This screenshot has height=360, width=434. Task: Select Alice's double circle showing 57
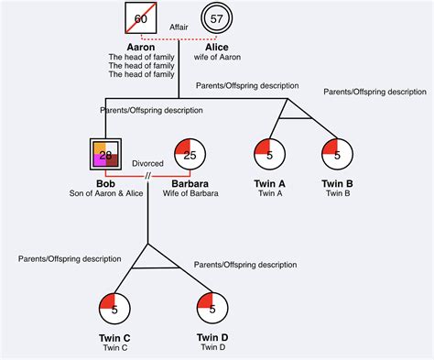217,19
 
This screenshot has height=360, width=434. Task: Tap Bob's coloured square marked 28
105,155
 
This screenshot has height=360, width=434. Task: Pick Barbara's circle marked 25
190,155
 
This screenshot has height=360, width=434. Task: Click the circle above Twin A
268,155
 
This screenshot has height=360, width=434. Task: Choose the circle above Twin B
337,155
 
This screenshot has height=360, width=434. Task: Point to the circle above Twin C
114,309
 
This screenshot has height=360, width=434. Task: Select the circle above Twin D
212,309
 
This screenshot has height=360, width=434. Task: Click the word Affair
179,27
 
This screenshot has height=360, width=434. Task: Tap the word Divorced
147,164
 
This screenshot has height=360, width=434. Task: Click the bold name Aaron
142,47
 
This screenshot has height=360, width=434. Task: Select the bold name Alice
217,47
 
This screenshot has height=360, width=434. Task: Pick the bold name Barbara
190,183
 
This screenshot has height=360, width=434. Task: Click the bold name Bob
105,183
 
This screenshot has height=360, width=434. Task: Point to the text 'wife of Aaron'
217,58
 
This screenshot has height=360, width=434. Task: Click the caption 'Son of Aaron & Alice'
105,193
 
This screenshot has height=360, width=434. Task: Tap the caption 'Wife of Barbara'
190,193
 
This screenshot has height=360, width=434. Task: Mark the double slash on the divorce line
147,175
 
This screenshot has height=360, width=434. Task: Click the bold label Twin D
212,337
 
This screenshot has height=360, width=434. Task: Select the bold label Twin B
337,183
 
